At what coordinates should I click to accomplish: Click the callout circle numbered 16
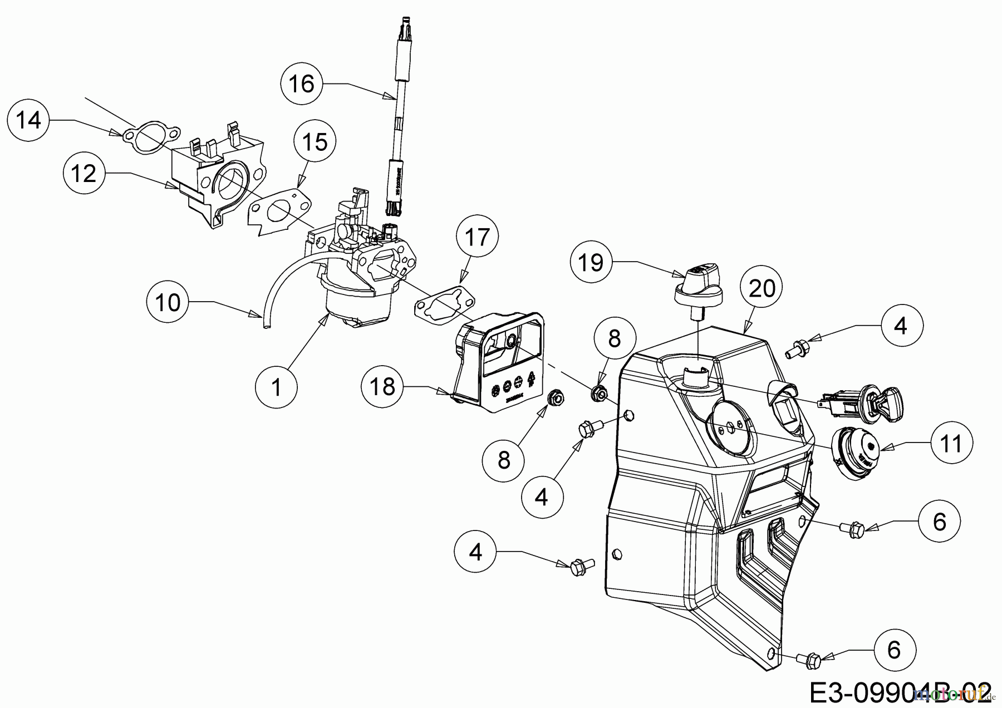coord(302,84)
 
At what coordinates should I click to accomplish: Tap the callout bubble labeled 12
coord(84,174)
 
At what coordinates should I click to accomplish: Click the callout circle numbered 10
coord(168,302)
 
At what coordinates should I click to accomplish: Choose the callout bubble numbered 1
coord(277,387)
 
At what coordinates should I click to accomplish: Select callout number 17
coord(477,237)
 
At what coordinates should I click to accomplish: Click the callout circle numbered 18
coord(382,386)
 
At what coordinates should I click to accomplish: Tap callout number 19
coord(591,262)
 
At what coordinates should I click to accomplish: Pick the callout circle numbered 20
coord(762,288)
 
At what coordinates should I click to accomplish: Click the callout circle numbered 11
coord(951,443)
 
